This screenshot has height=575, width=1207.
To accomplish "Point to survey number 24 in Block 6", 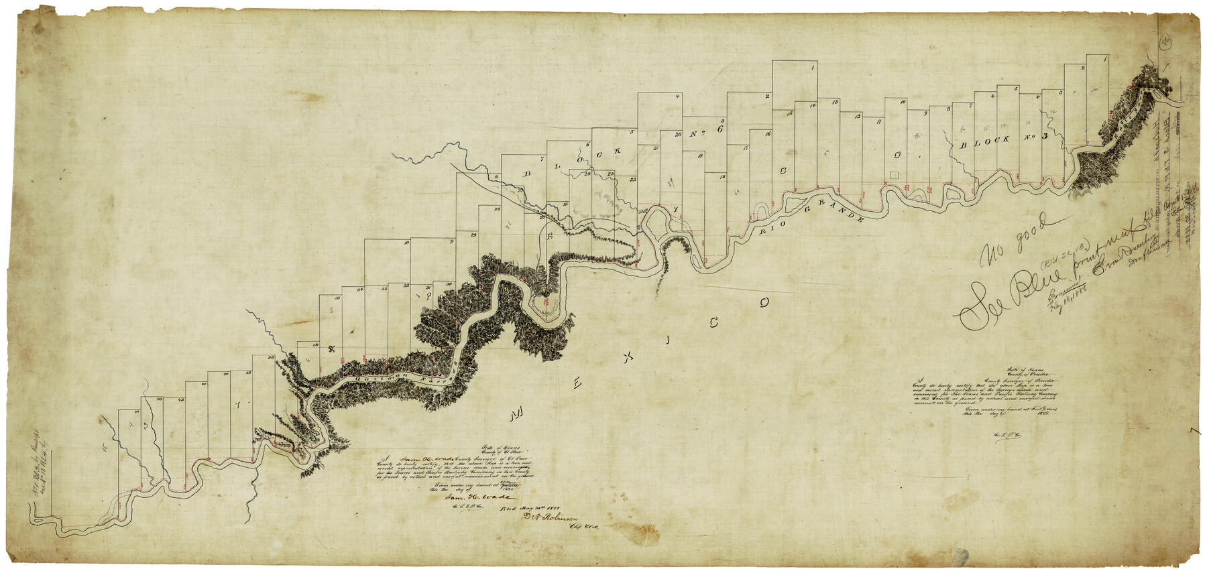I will click(x=587, y=175).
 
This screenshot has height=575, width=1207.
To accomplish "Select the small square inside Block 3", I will click(x=894, y=174).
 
